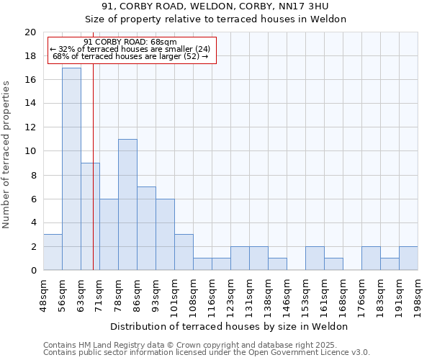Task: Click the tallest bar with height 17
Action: click(71, 169)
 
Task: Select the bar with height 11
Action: click(127, 204)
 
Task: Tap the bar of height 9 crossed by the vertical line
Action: click(90, 216)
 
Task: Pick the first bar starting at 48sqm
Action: click(53, 252)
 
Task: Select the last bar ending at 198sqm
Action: click(408, 258)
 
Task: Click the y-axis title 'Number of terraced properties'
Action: click(7, 155)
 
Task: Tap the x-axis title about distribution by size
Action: click(230, 326)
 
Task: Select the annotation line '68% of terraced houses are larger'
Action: click(130, 56)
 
